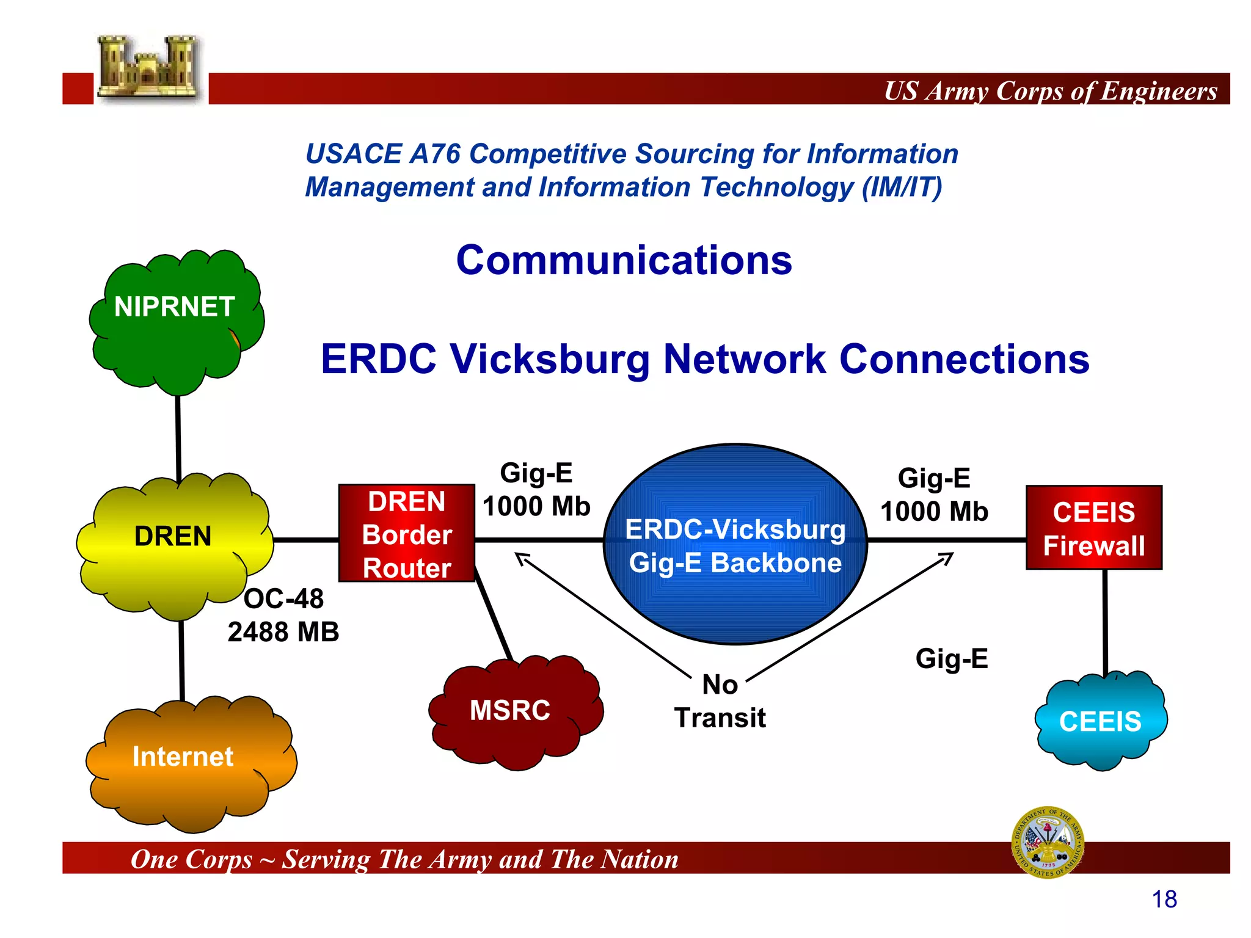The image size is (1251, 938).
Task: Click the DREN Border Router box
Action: [407, 534]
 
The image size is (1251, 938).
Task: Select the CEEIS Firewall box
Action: [1093, 528]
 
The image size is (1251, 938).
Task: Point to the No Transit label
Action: [720, 701]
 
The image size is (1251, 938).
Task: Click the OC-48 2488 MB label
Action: [283, 616]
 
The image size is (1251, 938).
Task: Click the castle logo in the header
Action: [149, 68]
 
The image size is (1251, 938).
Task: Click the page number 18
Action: [1164, 900]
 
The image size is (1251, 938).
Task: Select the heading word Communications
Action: [624, 261]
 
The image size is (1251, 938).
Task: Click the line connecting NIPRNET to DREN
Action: [178, 437]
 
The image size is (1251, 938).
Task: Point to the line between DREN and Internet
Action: [181, 660]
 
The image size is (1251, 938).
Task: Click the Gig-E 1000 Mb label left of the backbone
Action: [536, 490]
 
